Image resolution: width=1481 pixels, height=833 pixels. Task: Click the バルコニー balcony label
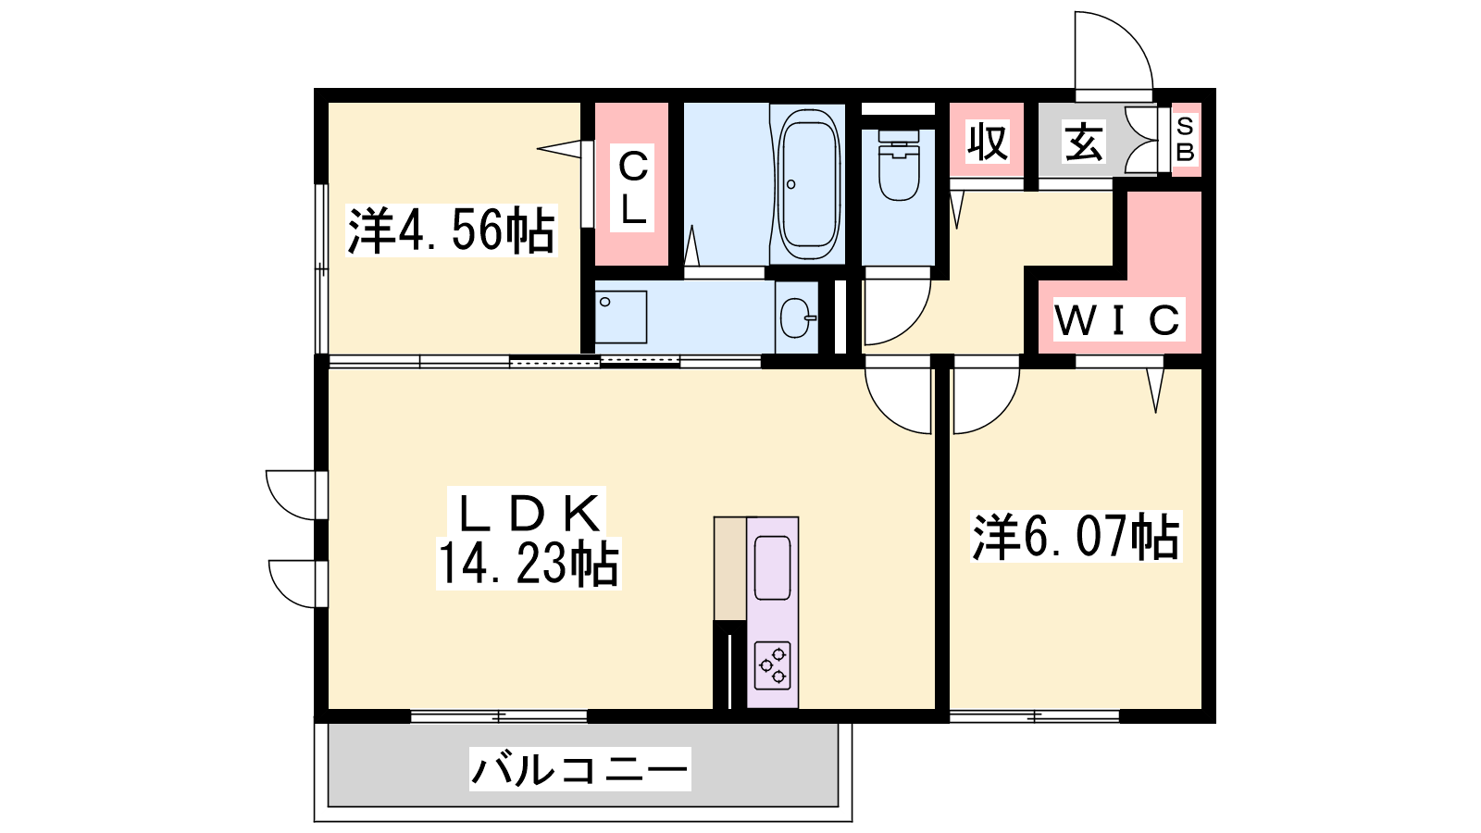579,769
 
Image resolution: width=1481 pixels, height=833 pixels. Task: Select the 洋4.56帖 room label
451,230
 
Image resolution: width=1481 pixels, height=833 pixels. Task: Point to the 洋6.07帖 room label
1076,537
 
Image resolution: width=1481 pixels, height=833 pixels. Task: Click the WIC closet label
1117,320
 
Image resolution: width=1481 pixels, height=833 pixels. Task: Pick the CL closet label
632,186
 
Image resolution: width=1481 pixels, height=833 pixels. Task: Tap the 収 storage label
988,142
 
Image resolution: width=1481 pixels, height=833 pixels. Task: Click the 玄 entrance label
1083,143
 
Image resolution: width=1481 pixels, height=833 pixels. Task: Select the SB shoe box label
1186,139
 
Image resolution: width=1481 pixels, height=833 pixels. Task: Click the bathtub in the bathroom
809,186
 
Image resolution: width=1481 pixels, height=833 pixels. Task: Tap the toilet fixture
899,165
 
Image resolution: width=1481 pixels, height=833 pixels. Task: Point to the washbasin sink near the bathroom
797,318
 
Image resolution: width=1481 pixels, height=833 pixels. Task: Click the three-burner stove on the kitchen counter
773,665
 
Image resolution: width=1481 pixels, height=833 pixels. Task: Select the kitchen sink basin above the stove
772,568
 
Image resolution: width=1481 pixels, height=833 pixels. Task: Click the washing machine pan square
621,317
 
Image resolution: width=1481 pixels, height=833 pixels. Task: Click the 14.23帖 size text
529,564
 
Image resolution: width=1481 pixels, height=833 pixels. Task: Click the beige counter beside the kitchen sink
730,568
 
